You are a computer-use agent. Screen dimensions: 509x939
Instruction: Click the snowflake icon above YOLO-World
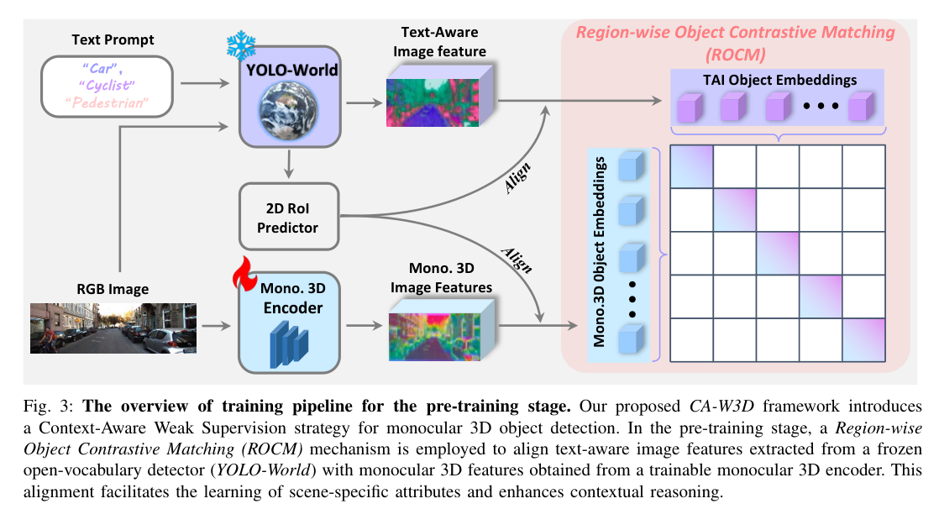(240, 45)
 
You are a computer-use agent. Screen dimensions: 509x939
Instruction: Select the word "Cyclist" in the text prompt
(106, 86)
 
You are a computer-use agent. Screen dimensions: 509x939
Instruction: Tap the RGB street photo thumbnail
(113, 327)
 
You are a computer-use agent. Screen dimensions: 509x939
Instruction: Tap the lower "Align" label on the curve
(516, 259)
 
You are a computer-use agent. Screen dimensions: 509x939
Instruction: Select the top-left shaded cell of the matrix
(691, 166)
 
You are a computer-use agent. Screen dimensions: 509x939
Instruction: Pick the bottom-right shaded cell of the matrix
(863, 339)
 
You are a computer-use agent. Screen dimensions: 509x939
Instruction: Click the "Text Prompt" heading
(113, 39)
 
